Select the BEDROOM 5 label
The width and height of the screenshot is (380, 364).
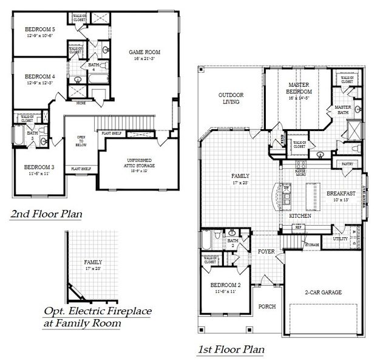click(x=39, y=29)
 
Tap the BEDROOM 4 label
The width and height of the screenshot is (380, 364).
click(x=39, y=76)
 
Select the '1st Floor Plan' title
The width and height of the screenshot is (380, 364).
click(x=231, y=349)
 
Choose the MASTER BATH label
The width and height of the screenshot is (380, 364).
click(x=344, y=110)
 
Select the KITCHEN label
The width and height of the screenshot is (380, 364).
click(x=300, y=215)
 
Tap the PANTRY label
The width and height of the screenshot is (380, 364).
click(x=347, y=163)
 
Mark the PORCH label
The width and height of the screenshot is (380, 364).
click(x=267, y=306)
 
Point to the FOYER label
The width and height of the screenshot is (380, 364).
click(x=266, y=251)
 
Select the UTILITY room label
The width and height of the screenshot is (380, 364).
click(x=340, y=239)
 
